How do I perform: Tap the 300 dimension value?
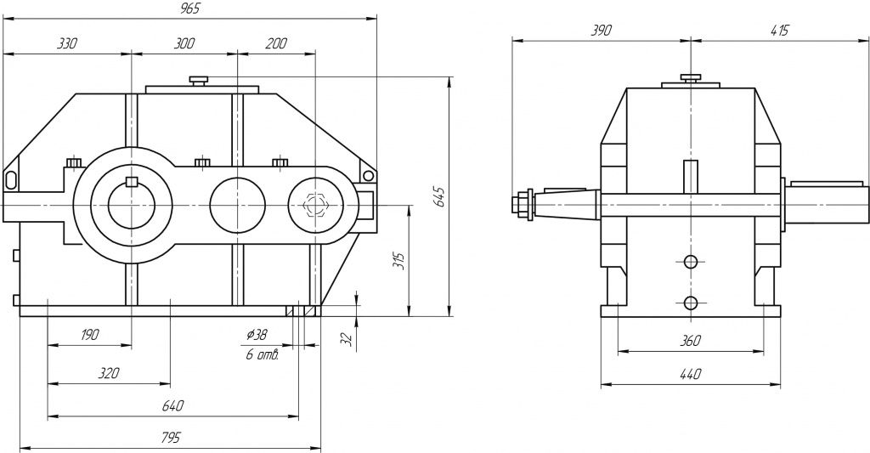[x=183, y=43]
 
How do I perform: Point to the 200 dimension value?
[x=275, y=43]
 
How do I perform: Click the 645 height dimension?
[x=438, y=197]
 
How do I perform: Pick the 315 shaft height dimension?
[x=399, y=262]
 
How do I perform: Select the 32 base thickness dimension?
[x=345, y=337]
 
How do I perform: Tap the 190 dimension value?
[x=88, y=335]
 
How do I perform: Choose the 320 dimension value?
[x=107, y=373]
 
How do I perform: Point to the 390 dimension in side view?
[x=601, y=30]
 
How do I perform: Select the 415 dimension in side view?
[x=778, y=30]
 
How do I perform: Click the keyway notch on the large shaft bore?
[x=131, y=180]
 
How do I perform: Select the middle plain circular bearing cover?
[x=237, y=205]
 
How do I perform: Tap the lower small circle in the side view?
[x=690, y=303]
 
